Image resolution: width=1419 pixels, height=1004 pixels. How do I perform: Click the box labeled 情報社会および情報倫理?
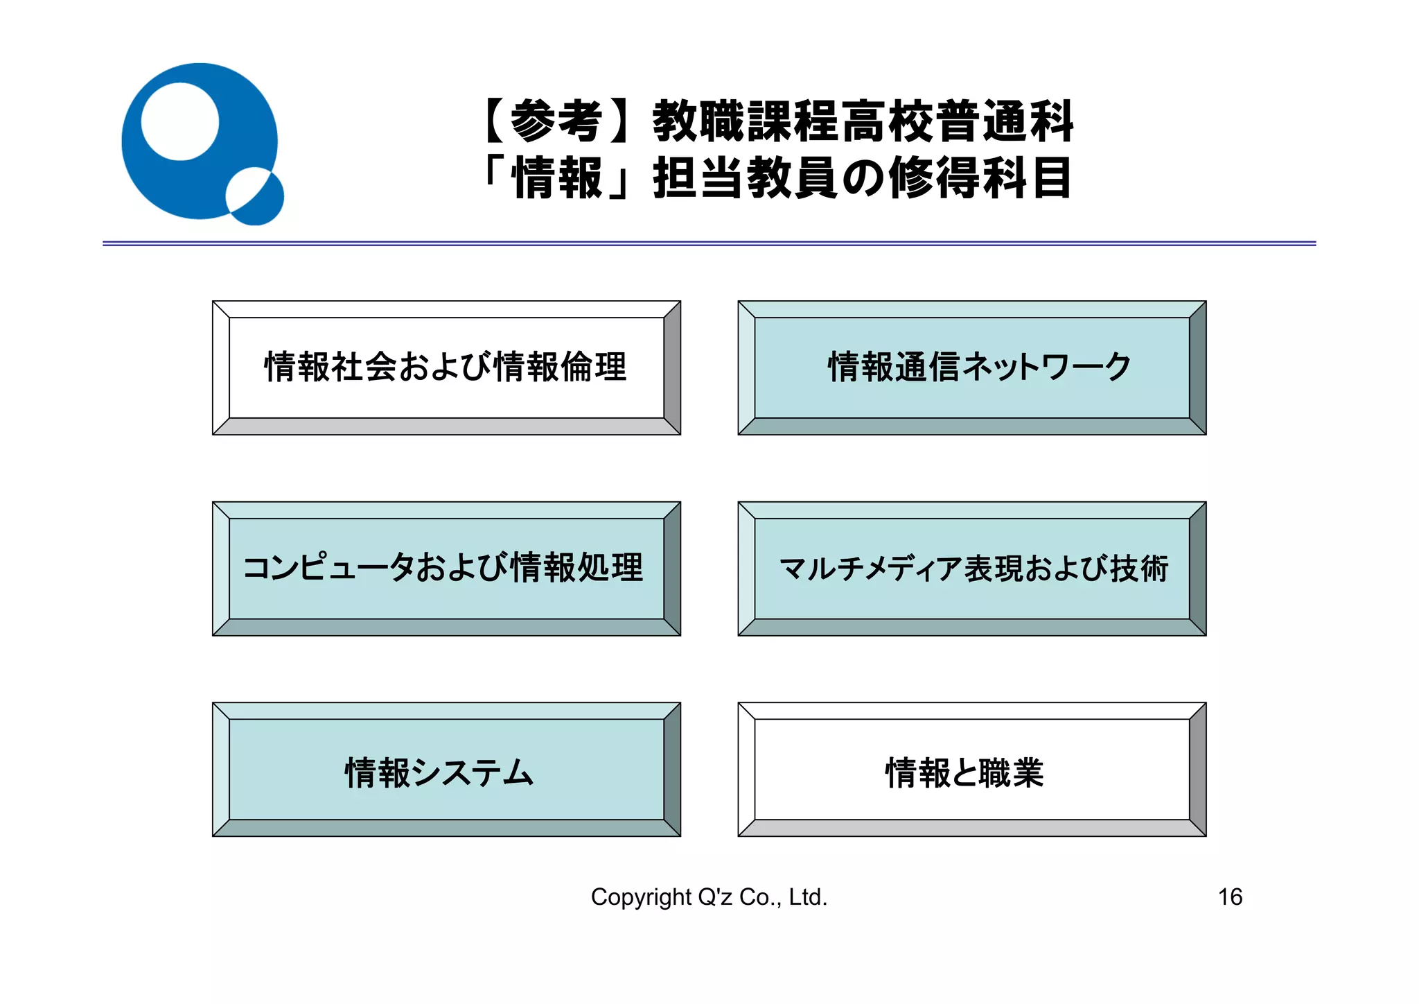click(446, 367)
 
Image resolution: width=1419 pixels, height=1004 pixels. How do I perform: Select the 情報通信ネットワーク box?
click(971, 367)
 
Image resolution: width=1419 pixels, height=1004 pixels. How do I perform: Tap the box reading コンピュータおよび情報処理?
click(446, 568)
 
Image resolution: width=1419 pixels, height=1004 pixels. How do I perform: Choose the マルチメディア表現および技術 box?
click(971, 568)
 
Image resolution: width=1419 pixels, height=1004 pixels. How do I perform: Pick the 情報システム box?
click(446, 769)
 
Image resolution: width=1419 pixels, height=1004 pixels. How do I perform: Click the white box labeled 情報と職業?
click(971, 769)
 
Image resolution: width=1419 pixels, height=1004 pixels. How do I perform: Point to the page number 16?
click(1230, 897)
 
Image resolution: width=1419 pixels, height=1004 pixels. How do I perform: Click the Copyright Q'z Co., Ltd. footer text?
click(709, 897)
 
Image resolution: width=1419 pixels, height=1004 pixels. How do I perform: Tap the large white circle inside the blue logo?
click(180, 122)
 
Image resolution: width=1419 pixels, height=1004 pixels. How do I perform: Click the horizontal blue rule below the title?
click(709, 243)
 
